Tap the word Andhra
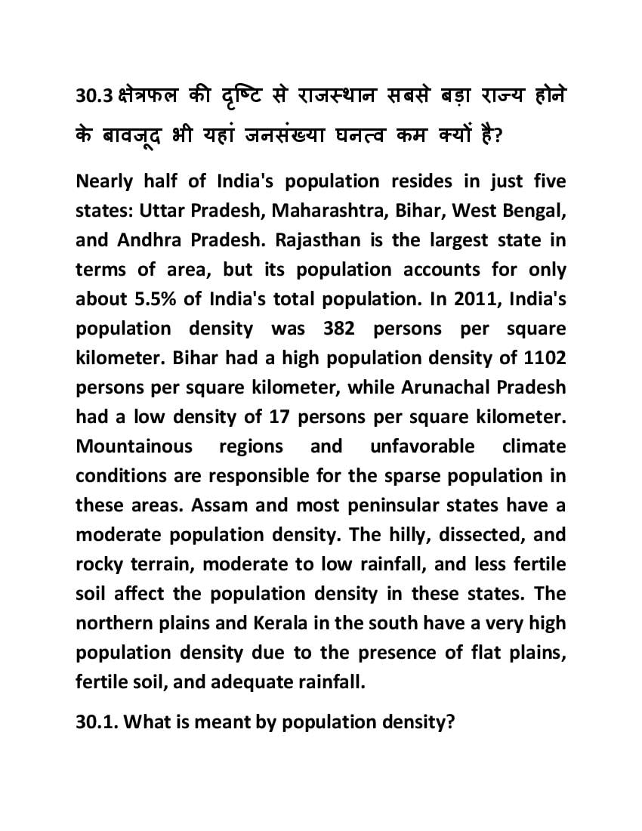148,241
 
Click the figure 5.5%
156,299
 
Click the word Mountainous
134,446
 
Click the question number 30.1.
97,722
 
